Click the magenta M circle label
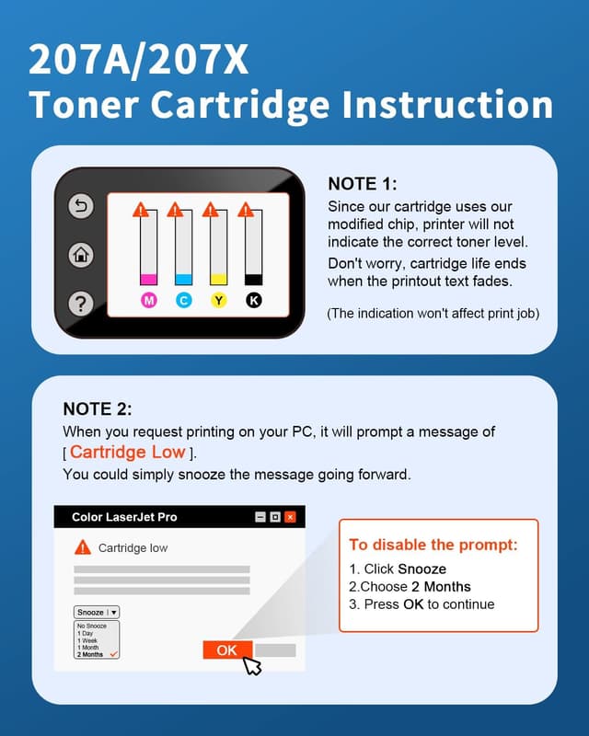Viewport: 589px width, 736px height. [x=149, y=301]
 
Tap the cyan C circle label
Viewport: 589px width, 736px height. [x=183, y=301]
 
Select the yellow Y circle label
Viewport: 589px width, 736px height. [x=218, y=301]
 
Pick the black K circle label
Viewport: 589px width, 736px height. [x=254, y=301]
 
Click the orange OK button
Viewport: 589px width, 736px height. [x=226, y=650]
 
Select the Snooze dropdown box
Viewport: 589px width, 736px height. [x=97, y=612]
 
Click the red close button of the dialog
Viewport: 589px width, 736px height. [x=290, y=517]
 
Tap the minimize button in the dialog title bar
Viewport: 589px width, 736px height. [x=261, y=517]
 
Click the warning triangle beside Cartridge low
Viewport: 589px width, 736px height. [x=83, y=547]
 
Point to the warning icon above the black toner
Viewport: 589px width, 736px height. [x=246, y=210]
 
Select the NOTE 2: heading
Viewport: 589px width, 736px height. [x=98, y=408]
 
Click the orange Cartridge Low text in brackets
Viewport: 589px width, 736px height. [x=127, y=452]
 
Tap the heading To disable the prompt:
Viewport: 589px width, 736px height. [x=433, y=545]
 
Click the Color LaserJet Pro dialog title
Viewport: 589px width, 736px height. [x=124, y=517]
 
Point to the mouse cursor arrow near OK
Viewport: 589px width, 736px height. [x=250, y=665]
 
